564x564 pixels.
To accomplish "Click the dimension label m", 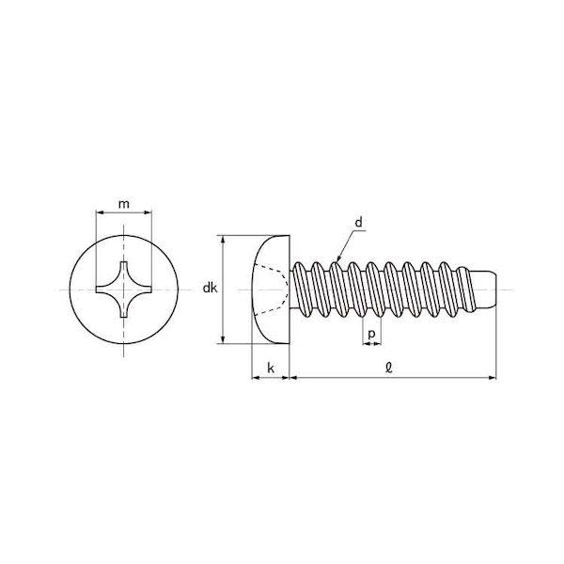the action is click(124, 204).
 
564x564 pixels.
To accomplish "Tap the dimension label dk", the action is click(210, 288).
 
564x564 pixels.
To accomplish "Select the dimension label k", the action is click(271, 368).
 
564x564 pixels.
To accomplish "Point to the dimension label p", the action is click(371, 334).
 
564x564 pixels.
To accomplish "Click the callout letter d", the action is click(359, 223).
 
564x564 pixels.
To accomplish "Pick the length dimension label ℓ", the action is click(389, 368).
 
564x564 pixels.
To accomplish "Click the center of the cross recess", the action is click(123, 290).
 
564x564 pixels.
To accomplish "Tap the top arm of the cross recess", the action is click(123, 270).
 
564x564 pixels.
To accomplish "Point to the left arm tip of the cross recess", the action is click(97, 290).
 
